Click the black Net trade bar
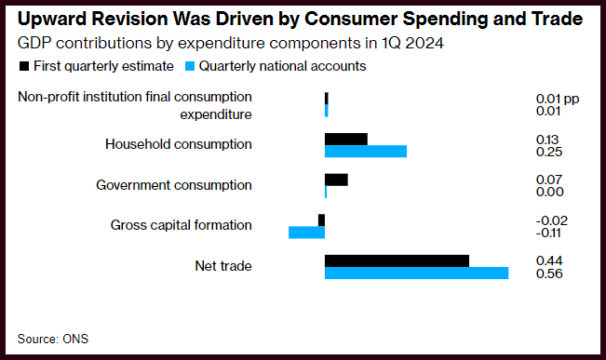pyautogui.click(x=397, y=260)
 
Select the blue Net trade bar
pyautogui.click(x=417, y=273)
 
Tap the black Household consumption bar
pyautogui.click(x=346, y=139)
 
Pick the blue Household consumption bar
pyautogui.click(x=366, y=152)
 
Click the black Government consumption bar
pyautogui.click(x=336, y=180)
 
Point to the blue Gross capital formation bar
pyautogui.click(x=307, y=233)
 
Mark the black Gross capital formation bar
pyautogui.click(x=321, y=220)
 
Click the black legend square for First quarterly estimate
pyautogui.click(x=24, y=66)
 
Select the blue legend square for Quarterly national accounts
pyautogui.click(x=190, y=66)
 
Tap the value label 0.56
pyautogui.click(x=549, y=273)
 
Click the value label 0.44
pyautogui.click(x=549, y=260)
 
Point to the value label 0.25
pyautogui.click(x=549, y=152)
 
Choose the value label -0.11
pyautogui.click(x=548, y=233)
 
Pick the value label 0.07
pyautogui.click(x=549, y=180)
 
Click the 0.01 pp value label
pyautogui.click(x=558, y=99)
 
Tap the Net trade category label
pyautogui.click(x=223, y=266)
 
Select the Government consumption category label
pyautogui.click(x=174, y=185)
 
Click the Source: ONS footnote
pyautogui.click(x=53, y=340)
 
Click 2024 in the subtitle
pyautogui.click(x=424, y=44)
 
